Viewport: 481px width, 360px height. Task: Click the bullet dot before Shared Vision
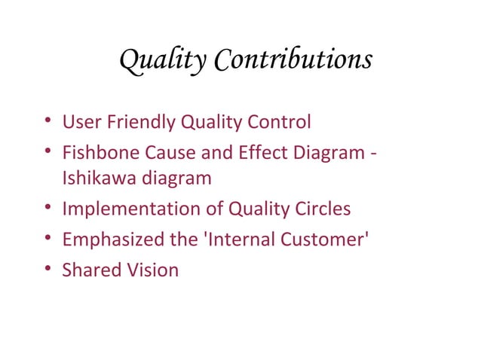49,270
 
